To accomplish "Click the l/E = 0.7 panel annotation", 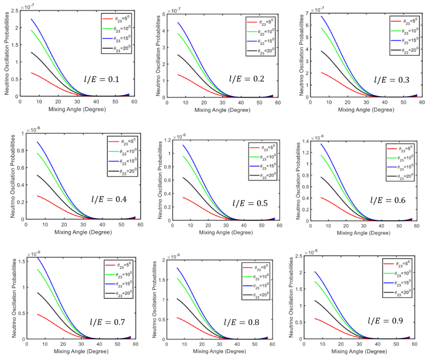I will point(102,322).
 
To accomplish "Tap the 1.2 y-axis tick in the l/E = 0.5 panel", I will point(162,141).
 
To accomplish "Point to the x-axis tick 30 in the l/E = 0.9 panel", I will point(359,345).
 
